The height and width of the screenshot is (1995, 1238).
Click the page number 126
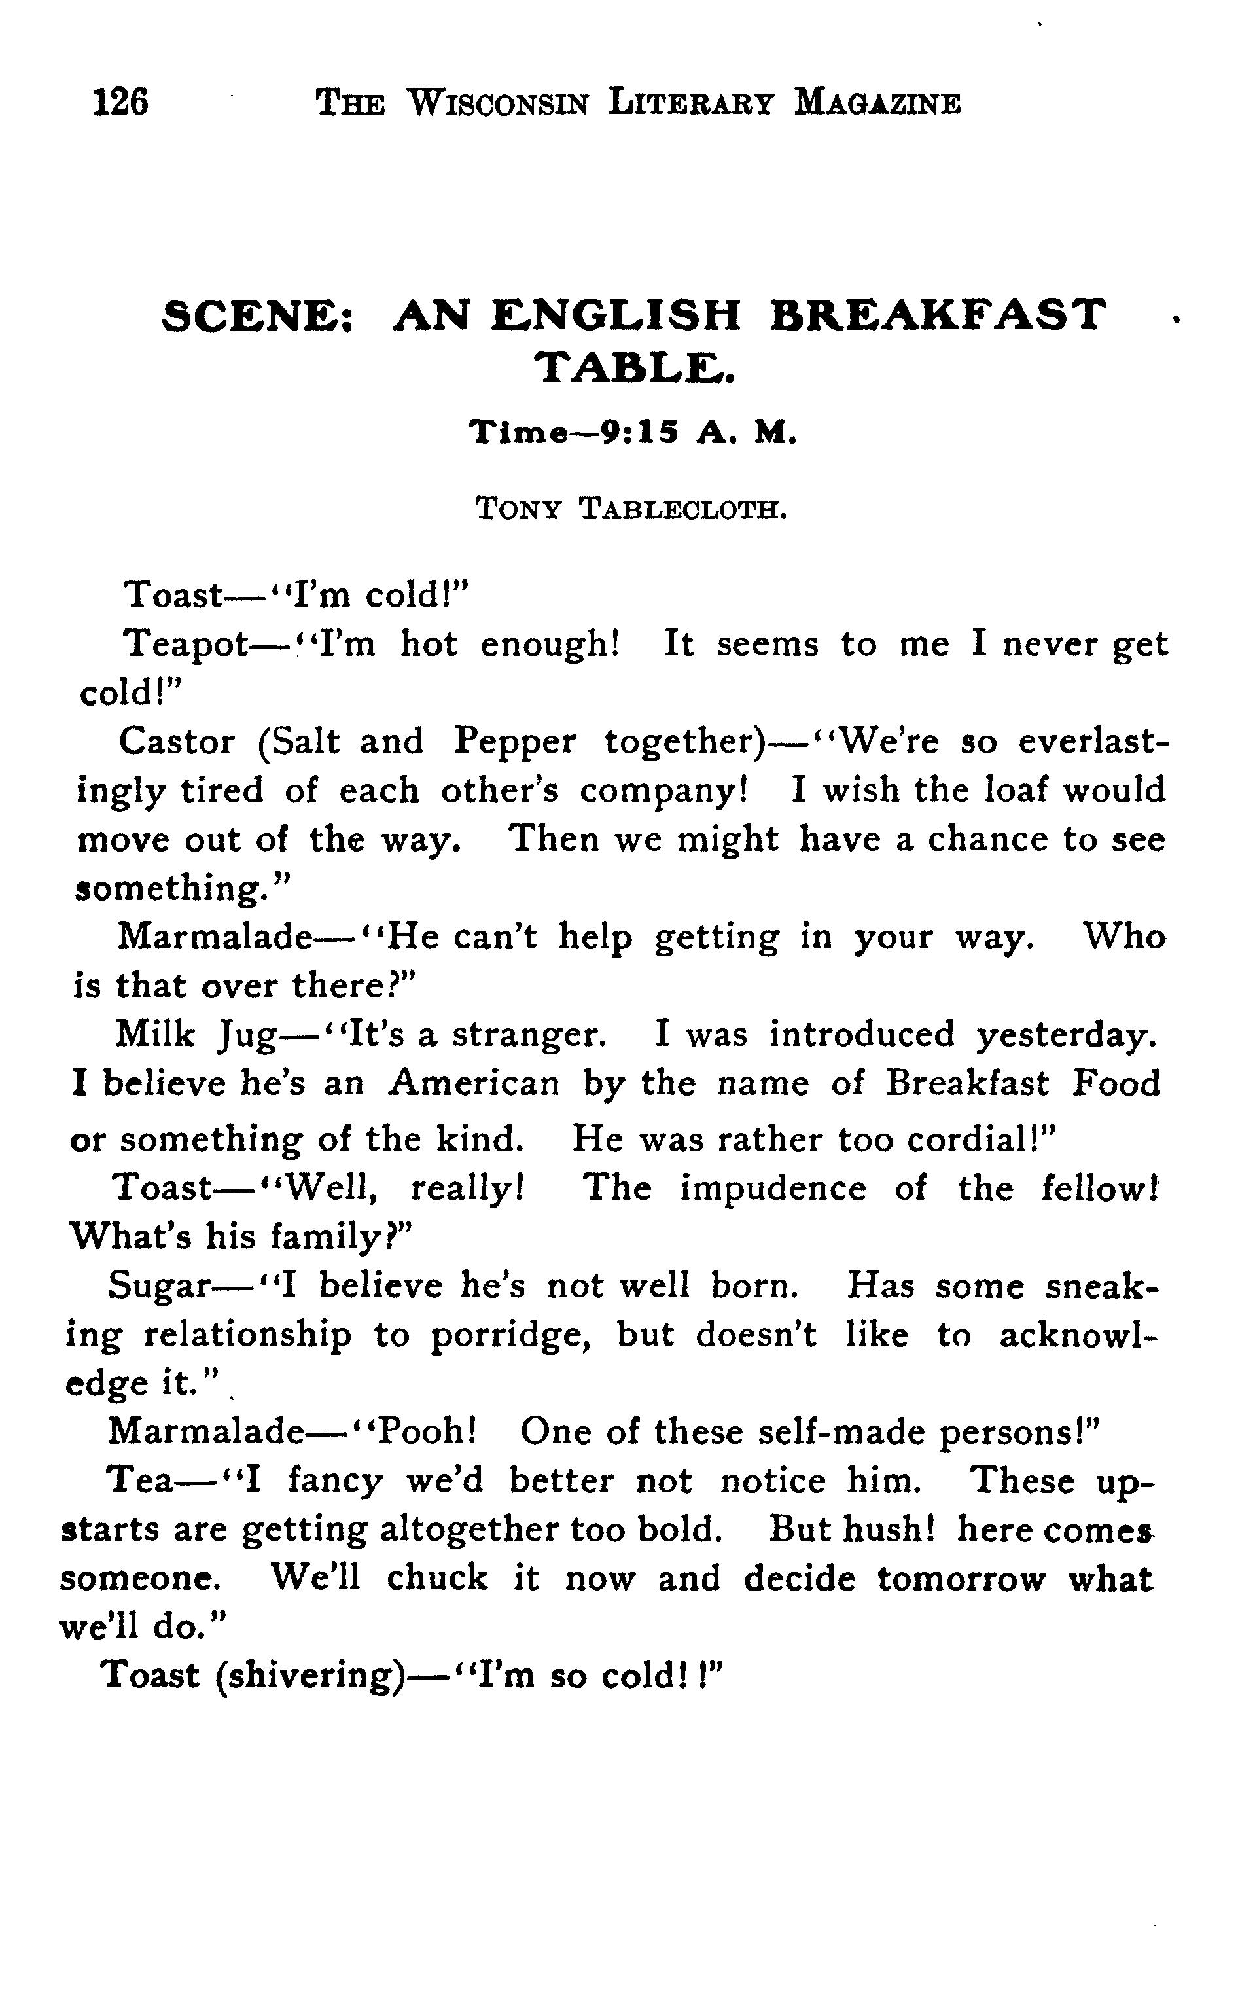click(120, 103)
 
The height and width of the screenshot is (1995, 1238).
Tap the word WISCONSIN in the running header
click(498, 104)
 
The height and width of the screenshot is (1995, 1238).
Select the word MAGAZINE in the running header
click(877, 104)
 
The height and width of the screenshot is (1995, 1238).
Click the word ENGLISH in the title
click(616, 315)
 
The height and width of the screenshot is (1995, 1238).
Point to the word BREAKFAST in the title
click(938, 315)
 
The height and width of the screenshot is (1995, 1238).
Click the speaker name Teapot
click(186, 645)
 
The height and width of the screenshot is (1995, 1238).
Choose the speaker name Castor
click(176, 742)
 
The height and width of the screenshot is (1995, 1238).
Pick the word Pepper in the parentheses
click(515, 742)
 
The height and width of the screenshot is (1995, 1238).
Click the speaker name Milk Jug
click(196, 1035)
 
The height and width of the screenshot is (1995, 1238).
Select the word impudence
click(772, 1189)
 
